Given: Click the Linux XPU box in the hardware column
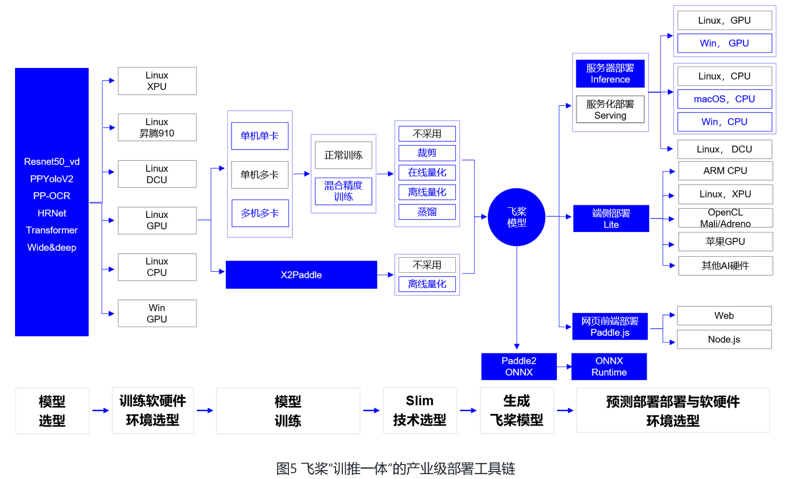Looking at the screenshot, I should pos(157,81).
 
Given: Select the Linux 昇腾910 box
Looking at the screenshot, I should pos(157,128).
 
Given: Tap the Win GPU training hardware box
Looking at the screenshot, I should pos(157,314).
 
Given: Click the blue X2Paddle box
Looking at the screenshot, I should pos(301,275).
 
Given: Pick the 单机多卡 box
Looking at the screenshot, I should pos(260,175).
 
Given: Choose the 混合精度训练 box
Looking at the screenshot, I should pos(343,191).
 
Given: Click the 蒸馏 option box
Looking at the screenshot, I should pos(427,212).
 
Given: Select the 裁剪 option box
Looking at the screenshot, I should pos(427,153).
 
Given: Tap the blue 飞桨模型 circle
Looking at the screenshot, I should pos(517,217).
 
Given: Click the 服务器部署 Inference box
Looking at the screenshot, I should pos(610,74).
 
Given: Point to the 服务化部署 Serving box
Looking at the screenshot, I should pos(610,110).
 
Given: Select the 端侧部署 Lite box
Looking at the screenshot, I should pos(611,218).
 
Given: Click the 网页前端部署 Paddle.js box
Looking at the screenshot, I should pos(610,327).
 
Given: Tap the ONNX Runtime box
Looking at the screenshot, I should pos(609,366).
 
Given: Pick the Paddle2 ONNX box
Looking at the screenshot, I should pos(519,366).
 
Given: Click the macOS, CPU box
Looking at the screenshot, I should pos(724,99).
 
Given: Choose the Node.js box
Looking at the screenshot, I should pos(724,339).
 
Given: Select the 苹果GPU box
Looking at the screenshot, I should pos(725,242).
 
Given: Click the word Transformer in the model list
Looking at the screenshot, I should pos(52,230).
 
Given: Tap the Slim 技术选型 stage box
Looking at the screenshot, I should pos(419,411).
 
